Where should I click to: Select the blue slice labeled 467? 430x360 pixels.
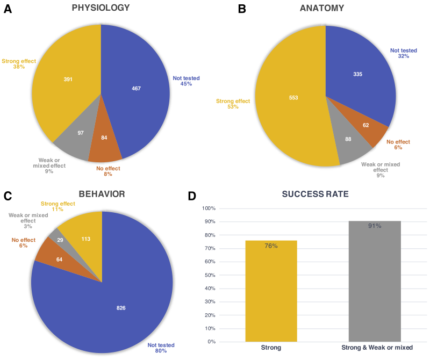[137, 89]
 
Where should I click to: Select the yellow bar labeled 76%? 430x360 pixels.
[271, 291]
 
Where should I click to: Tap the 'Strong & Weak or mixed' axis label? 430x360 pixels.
[377, 348]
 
